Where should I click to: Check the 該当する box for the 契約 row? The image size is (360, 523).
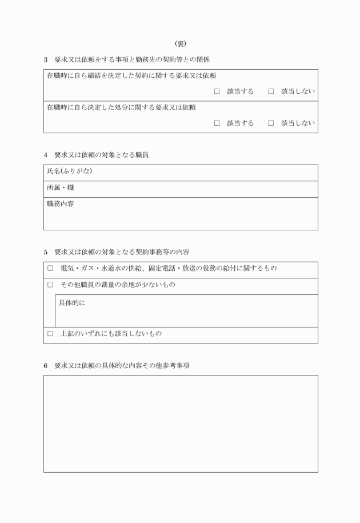pos(217,91)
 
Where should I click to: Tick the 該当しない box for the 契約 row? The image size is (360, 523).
pos(271,91)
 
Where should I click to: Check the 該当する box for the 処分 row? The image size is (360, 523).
pos(217,123)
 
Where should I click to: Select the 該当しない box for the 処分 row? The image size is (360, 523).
pos(271,123)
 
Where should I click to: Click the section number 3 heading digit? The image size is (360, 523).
pos(46,59)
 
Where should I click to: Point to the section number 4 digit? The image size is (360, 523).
pos(46,155)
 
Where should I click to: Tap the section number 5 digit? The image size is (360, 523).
pos(46,251)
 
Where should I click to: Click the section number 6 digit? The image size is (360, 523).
pos(46,365)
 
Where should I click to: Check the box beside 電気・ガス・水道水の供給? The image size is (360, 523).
pos(50,268)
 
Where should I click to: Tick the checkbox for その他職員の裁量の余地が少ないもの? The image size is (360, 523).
pos(50,285)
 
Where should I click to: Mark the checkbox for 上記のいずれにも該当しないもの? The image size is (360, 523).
pos(50,333)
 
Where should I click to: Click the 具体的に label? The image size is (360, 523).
pos(72,302)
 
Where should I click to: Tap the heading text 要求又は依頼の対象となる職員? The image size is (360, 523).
pos(102,155)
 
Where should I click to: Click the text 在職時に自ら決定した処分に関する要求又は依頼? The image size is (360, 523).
pos(122,107)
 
